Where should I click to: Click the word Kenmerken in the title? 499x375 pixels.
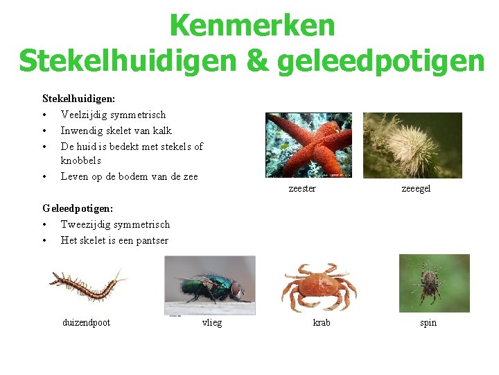click(x=252, y=26)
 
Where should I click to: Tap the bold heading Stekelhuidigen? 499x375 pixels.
click(x=78, y=99)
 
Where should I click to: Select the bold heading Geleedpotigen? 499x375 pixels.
click(x=78, y=208)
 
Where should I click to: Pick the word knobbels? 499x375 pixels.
click(x=81, y=160)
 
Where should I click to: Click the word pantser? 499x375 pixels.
click(x=152, y=240)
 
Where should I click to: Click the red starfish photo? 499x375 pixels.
click(x=308, y=145)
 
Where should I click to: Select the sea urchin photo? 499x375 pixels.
click(x=412, y=145)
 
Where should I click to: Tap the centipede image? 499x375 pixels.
click(x=88, y=284)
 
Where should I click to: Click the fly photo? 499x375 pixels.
click(x=209, y=285)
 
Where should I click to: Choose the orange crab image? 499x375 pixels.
click(x=318, y=287)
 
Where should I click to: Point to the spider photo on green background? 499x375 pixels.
click(x=434, y=283)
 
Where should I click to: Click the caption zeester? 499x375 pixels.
click(x=301, y=189)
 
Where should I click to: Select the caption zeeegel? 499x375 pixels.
click(x=416, y=189)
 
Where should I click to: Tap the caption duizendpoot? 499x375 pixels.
click(x=86, y=322)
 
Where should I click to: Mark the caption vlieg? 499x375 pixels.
click(x=212, y=322)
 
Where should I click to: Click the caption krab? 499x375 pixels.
click(x=322, y=322)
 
